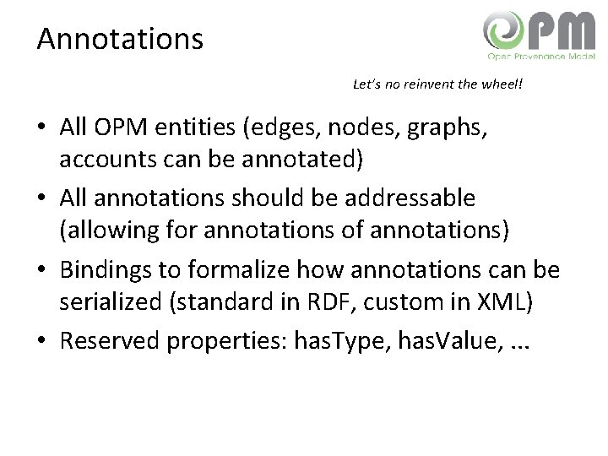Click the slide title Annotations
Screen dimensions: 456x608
(120, 39)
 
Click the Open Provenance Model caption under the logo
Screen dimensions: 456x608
(541, 57)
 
